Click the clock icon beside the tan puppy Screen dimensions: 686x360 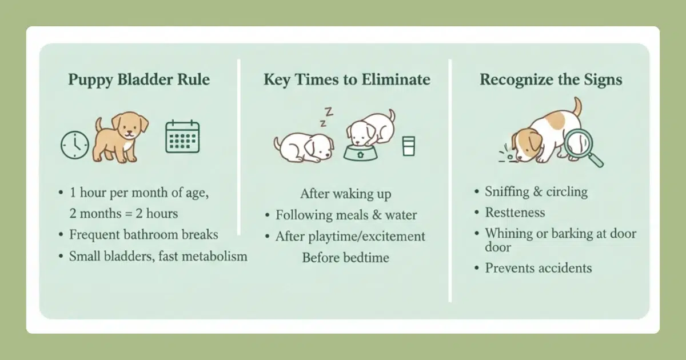[75, 145]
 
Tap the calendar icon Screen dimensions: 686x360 [182, 137]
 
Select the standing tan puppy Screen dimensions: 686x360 [121, 137]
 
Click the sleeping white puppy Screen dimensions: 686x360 [304, 147]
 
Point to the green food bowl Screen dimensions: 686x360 [361, 153]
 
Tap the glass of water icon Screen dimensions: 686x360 [409, 146]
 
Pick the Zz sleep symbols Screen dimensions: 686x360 [326, 117]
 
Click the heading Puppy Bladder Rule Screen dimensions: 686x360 [139, 80]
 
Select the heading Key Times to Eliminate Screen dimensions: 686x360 [347, 79]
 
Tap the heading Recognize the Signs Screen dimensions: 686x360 [551, 80]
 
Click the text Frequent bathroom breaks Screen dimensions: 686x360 [143, 235]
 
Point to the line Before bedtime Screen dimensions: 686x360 [346, 258]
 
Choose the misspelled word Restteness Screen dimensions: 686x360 [515, 213]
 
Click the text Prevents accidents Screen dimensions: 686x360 [539, 268]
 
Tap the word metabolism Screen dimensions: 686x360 [215, 256]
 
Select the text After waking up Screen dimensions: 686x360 [346, 194]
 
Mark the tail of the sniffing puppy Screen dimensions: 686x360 [577, 106]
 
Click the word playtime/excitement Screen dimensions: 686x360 [366, 237]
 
